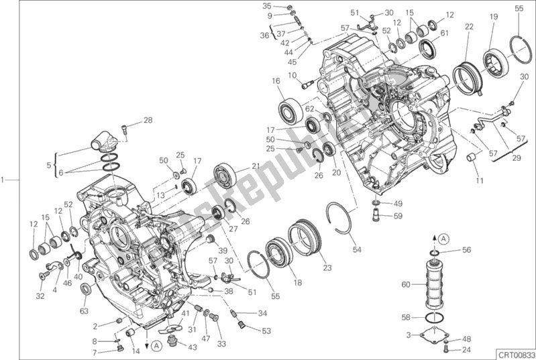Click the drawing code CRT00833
pyautogui.click(x=515, y=353)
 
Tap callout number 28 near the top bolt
pyautogui.click(x=148, y=120)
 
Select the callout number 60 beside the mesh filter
pyautogui.click(x=405, y=284)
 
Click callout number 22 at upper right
pyautogui.click(x=469, y=27)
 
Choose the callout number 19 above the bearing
pyautogui.click(x=494, y=17)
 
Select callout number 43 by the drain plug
pyautogui.click(x=193, y=347)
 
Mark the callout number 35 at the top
pyautogui.click(x=267, y=5)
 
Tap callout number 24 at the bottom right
pyautogui.click(x=467, y=349)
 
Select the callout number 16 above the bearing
pyautogui.click(x=276, y=81)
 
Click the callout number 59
pyautogui.click(x=398, y=216)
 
